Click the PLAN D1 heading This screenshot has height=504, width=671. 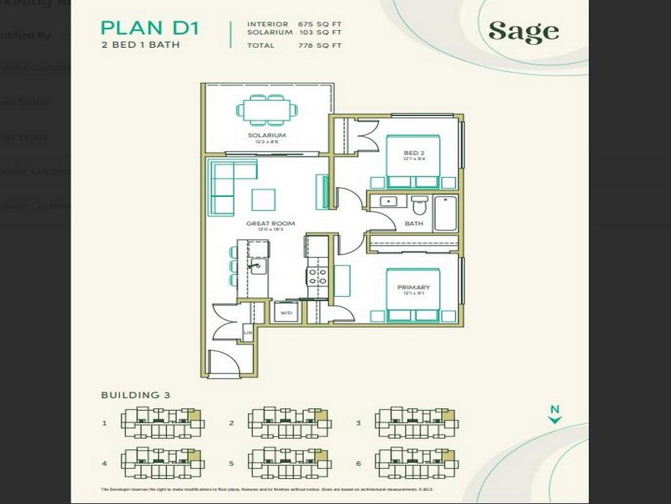(150, 28)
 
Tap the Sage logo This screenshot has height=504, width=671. (524, 31)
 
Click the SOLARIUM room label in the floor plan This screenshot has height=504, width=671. (267, 136)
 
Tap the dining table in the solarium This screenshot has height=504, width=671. (267, 110)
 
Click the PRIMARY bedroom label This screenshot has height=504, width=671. (413, 287)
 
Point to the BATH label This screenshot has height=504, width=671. (413, 224)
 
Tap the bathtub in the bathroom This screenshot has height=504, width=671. (446, 213)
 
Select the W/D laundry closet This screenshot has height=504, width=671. (286, 312)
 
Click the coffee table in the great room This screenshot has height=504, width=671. (263, 199)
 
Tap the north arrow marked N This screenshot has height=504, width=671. (555, 414)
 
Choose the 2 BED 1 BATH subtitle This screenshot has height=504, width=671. (140, 45)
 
